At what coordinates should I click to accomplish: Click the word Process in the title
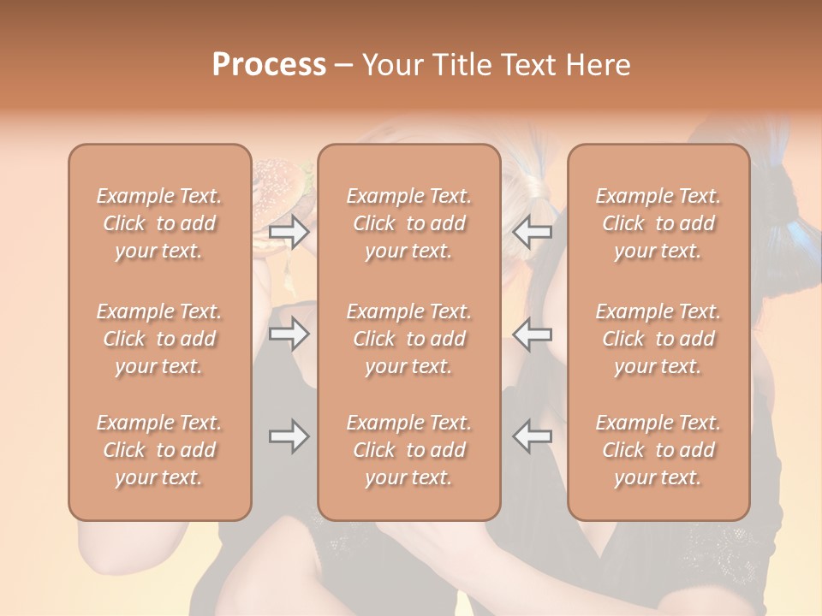pyautogui.click(x=269, y=65)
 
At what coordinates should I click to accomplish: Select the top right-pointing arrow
pyautogui.click(x=289, y=232)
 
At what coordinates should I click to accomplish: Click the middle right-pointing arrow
pyautogui.click(x=289, y=334)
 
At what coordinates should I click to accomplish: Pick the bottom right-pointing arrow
pyautogui.click(x=289, y=436)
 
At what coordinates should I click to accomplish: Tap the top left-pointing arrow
pyautogui.click(x=533, y=232)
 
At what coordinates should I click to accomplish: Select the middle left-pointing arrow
pyautogui.click(x=533, y=334)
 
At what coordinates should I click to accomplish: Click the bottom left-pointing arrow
pyautogui.click(x=533, y=436)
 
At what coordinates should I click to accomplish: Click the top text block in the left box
pyautogui.click(x=159, y=223)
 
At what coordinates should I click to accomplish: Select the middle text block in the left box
pyautogui.click(x=159, y=339)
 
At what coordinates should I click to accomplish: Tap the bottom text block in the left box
pyautogui.click(x=159, y=450)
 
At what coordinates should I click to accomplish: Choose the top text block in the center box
pyautogui.click(x=408, y=223)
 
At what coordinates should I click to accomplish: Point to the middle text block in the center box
pyautogui.click(x=408, y=339)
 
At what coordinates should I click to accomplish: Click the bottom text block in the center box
pyautogui.click(x=408, y=450)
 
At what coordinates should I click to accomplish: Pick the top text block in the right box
pyautogui.click(x=658, y=223)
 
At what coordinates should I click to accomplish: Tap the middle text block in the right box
pyautogui.click(x=658, y=339)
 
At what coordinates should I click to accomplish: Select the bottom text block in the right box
pyautogui.click(x=658, y=450)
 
